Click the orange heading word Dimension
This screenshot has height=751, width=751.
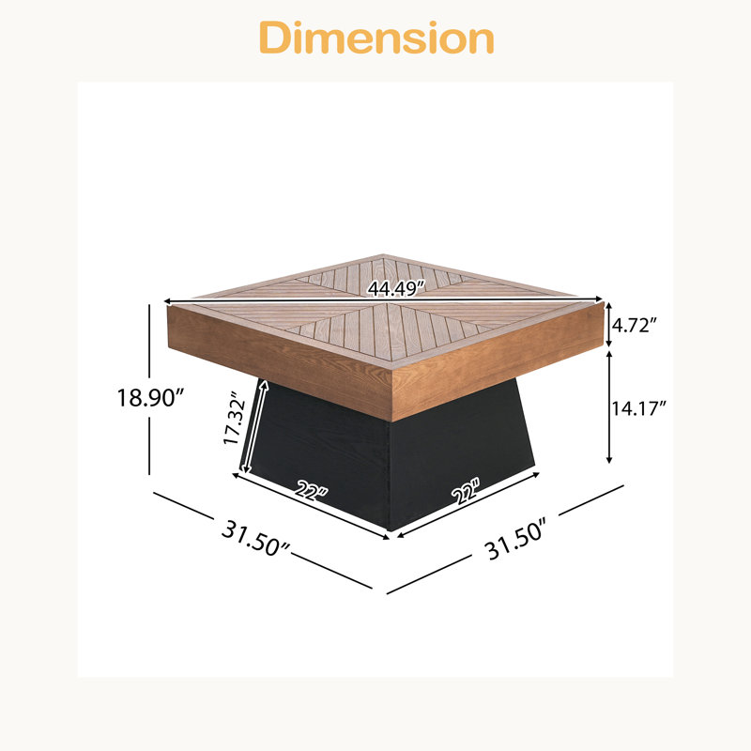click(376, 38)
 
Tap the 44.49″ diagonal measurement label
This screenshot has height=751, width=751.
click(396, 288)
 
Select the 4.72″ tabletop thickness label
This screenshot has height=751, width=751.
click(632, 325)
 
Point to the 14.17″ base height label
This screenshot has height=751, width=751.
click(638, 408)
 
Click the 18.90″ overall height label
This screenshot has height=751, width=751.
click(151, 397)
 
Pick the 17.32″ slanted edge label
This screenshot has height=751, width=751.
click(235, 419)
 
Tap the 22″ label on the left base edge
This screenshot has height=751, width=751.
click(312, 490)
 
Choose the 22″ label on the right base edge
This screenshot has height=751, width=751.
click(465, 490)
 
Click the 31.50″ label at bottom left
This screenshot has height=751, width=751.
click(255, 539)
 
